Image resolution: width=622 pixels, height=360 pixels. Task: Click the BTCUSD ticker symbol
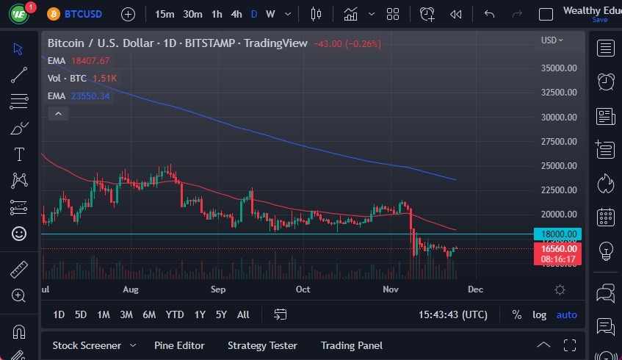(83, 14)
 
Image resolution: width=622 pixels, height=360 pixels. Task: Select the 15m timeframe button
(164, 14)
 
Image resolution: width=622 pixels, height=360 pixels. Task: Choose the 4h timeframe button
(236, 14)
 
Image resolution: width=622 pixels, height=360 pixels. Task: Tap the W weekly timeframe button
(270, 14)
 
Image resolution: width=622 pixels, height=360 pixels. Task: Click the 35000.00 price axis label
(558, 68)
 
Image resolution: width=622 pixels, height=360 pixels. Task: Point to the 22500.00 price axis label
(558, 190)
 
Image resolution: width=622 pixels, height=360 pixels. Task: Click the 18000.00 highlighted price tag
(558, 234)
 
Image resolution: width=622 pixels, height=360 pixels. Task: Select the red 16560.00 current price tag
(558, 248)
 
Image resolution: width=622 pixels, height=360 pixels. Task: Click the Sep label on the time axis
(217, 289)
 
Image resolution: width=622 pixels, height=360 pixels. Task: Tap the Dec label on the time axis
(475, 289)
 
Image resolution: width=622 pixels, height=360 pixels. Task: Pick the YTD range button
(175, 314)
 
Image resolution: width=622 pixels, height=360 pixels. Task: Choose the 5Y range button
(221, 314)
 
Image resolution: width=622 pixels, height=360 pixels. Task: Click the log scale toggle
(540, 314)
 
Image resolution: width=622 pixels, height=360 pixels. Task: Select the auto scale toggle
(567, 314)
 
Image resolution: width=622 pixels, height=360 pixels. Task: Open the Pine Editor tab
(179, 345)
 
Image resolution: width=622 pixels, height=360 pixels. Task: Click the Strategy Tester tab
(262, 345)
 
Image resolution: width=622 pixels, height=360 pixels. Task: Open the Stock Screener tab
(86, 345)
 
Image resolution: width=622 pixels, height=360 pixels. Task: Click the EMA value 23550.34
(89, 96)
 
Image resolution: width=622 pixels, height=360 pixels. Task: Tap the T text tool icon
(19, 154)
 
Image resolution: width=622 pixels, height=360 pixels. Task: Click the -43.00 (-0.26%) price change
(347, 44)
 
